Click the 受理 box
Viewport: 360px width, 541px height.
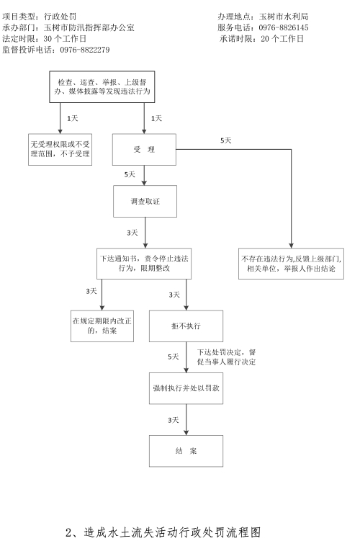click(144, 149)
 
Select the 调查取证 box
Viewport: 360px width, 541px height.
click(145, 202)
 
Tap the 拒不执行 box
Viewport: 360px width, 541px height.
click(186, 326)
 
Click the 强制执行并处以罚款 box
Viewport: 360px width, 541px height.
click(186, 388)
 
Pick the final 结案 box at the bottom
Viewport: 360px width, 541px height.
click(186, 451)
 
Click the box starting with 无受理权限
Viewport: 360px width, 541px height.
click(60, 149)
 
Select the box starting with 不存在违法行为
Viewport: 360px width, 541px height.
click(291, 264)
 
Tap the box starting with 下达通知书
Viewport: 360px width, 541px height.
click(144, 264)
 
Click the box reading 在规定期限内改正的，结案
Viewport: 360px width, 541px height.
click(102, 326)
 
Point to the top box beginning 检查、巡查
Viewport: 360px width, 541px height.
click(102, 87)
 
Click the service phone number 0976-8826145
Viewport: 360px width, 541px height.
click(284, 27)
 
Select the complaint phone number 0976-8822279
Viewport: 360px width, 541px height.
click(85, 50)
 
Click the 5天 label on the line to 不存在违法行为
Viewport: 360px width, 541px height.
click(226, 140)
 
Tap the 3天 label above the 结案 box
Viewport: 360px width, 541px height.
click(174, 420)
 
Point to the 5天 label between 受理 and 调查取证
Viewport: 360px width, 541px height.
click(130, 174)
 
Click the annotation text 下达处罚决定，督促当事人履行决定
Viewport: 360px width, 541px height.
click(226, 357)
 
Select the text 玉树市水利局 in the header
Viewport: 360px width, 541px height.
click(284, 17)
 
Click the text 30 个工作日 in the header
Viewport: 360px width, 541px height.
click(65, 39)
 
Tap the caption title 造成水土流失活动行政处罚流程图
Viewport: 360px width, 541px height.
click(172, 532)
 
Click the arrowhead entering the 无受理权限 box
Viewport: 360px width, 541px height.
click(60, 131)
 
